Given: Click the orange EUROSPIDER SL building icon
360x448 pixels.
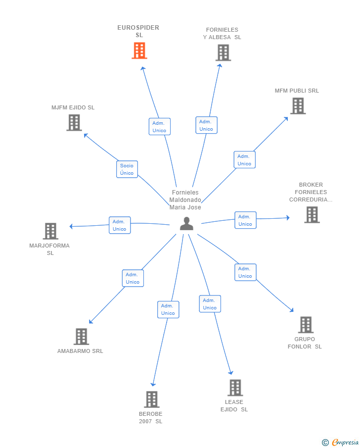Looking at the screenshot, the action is [x=139, y=50].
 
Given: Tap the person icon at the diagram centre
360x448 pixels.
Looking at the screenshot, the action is [x=187, y=223].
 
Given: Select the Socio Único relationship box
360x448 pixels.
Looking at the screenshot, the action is [x=127, y=169].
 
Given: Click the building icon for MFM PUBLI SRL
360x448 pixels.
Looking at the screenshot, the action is [x=298, y=106].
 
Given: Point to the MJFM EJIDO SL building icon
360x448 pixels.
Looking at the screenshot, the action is [x=74, y=123].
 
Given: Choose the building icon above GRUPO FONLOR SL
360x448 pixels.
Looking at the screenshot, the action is [x=306, y=325].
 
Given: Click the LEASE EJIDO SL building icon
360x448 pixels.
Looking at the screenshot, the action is [x=235, y=388].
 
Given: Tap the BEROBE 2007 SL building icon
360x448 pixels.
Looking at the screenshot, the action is [x=152, y=399].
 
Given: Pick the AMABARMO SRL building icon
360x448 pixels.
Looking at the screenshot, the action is [x=82, y=337].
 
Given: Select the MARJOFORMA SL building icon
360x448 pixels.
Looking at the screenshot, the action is [x=50, y=231].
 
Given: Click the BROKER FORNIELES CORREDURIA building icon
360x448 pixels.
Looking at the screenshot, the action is [x=312, y=214].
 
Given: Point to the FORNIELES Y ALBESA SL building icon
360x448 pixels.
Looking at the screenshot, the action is [x=223, y=52].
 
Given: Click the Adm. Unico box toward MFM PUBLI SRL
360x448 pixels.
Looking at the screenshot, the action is [x=245, y=160].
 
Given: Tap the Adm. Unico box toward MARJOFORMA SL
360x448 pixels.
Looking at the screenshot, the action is [x=120, y=225].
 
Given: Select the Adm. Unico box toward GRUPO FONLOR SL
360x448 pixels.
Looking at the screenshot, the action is [x=245, y=272].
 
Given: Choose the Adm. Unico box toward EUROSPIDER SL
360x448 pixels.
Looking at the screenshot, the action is [x=160, y=127].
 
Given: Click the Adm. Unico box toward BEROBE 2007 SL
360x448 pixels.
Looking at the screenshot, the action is [x=168, y=309].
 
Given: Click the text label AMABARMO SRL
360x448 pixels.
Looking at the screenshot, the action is [x=80, y=351].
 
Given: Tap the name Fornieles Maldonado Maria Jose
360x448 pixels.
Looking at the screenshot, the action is [x=185, y=199].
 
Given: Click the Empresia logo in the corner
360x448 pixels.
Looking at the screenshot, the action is [x=340, y=442].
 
